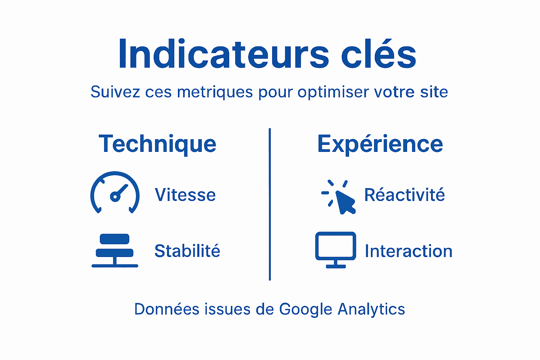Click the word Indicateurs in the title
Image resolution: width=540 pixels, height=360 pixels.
(224, 54)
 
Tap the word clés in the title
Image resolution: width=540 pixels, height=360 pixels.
(379, 54)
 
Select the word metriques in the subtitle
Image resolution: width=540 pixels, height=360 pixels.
(215, 92)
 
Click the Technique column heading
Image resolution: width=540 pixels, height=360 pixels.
(157, 144)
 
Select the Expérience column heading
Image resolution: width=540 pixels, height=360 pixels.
(380, 144)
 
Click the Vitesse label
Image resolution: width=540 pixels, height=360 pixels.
(185, 195)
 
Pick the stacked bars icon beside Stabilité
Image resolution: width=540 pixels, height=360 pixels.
(115, 250)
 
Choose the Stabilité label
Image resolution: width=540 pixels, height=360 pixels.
(187, 251)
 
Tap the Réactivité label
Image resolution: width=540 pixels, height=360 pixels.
(404, 195)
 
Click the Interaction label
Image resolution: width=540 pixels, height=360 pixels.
(409, 251)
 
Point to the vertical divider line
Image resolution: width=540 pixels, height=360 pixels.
(270, 204)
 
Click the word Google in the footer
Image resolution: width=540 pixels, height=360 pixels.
(306, 309)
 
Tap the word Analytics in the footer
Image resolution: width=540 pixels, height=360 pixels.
(371, 309)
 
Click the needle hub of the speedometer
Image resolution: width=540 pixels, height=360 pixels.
(115, 197)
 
